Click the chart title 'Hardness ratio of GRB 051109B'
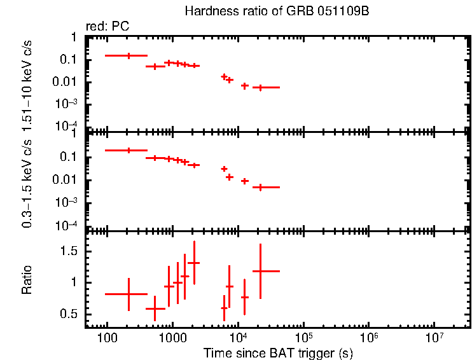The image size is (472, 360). click(x=277, y=11)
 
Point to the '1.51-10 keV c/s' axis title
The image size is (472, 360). click(x=27, y=83)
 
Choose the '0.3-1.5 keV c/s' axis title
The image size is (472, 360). click(x=27, y=181)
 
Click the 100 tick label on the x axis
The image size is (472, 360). click(x=106, y=337)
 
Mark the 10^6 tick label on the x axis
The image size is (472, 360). click(x=369, y=336)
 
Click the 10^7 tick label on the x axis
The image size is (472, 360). click(x=434, y=336)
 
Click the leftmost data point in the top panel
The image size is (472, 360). click(x=129, y=56)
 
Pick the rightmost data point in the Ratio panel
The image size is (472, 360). click(x=260, y=271)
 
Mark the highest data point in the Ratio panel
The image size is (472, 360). click(x=194, y=263)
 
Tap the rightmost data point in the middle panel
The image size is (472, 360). click(x=260, y=187)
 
